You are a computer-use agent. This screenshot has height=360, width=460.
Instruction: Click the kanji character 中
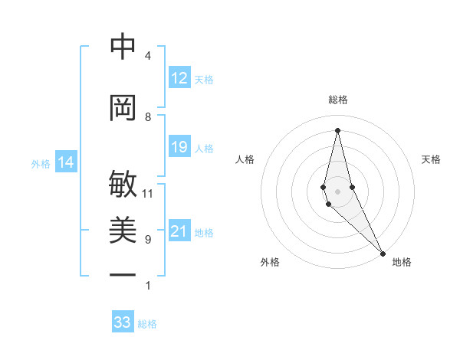tap(123, 47)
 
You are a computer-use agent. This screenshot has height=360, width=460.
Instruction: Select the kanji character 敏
tap(123, 185)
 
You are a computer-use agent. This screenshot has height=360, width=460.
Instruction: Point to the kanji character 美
tap(123, 231)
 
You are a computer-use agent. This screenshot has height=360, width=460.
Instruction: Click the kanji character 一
tap(123, 274)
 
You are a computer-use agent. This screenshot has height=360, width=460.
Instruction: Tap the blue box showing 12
tap(179, 78)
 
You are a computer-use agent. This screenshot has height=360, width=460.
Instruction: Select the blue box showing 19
tap(179, 147)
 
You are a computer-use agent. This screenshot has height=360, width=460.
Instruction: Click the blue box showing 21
tap(179, 231)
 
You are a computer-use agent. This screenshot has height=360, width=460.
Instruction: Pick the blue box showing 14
tap(66, 162)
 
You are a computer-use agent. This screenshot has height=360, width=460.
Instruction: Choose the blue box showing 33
tap(123, 322)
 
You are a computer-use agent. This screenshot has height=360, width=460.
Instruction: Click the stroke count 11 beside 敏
tap(148, 194)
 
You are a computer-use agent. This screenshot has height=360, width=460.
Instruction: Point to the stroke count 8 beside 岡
tap(148, 117)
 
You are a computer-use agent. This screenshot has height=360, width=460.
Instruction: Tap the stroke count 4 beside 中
tap(148, 56)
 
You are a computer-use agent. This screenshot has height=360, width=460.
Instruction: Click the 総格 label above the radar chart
tap(338, 100)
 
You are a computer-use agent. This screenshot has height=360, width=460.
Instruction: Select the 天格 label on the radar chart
tap(431, 159)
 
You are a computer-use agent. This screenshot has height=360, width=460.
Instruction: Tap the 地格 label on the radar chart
tap(402, 262)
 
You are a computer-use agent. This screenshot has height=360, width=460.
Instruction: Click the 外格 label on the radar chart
tap(270, 262)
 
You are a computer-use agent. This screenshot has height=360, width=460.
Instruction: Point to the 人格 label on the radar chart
tap(245, 159)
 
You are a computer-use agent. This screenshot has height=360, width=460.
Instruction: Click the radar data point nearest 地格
tap(383, 252)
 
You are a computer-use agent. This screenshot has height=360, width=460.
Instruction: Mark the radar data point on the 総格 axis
tap(337, 129)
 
